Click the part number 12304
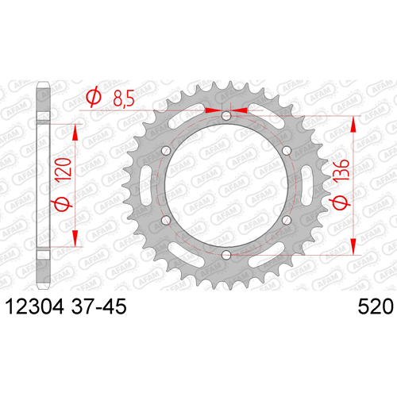[34, 306]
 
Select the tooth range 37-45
[98, 306]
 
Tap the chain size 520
[376, 306]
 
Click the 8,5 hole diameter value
[124, 98]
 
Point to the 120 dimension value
[64, 169]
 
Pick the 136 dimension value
[341, 172]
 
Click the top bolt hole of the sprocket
[226, 116]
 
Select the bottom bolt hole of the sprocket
[226, 256]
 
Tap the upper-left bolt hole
[166, 151]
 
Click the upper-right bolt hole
[287, 151]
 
